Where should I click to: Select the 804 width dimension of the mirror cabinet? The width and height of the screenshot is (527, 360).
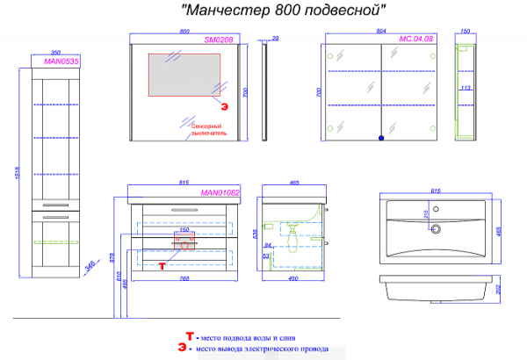(x=380, y=31)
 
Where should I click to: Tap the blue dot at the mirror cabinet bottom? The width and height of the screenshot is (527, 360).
(x=380, y=138)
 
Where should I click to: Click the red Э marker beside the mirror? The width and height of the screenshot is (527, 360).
(x=223, y=106)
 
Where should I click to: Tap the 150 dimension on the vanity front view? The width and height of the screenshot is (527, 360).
(x=184, y=231)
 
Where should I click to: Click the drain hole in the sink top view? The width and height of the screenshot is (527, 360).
(x=435, y=231)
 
